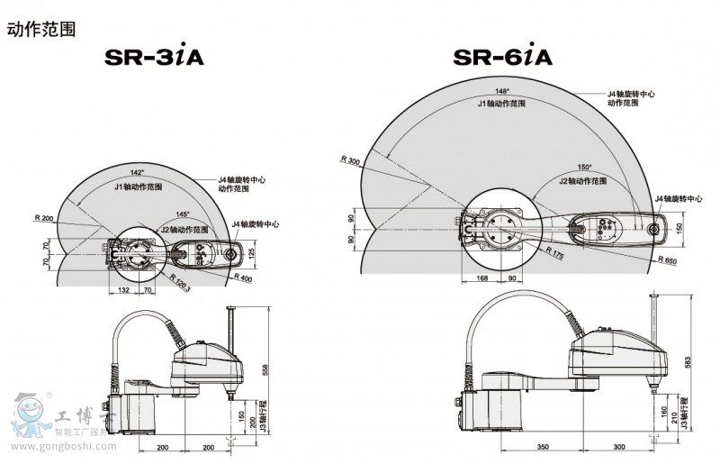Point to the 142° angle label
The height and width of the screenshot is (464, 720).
tap(137, 171)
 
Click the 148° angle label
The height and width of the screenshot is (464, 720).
tap(501, 91)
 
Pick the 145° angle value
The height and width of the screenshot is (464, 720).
tap(183, 214)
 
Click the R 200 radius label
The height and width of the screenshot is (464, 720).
tap(43, 218)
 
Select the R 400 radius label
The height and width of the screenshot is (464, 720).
tap(241, 278)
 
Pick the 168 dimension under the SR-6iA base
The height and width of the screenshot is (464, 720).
tap(481, 277)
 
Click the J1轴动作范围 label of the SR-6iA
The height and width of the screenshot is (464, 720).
tap(501, 104)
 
